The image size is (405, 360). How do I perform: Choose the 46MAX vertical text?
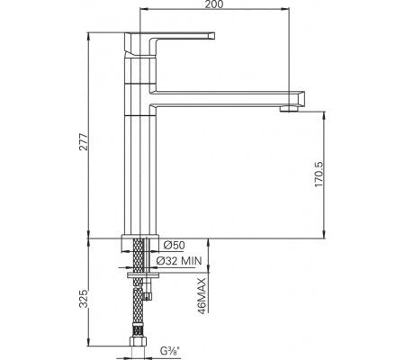204,293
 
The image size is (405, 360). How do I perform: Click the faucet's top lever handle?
180,36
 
